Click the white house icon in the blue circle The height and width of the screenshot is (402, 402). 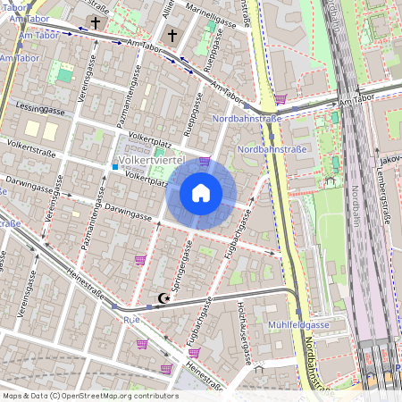tap(200, 193)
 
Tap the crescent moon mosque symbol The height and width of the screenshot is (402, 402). tap(163, 298)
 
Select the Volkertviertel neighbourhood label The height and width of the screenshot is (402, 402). tap(151, 162)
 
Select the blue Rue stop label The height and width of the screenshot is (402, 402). tap(132, 318)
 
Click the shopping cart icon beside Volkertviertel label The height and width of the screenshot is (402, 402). tap(205, 162)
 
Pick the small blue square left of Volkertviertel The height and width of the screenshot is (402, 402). tap(114, 166)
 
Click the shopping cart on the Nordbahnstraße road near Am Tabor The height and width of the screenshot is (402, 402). tap(280, 99)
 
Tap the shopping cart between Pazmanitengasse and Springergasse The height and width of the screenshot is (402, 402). tap(139, 260)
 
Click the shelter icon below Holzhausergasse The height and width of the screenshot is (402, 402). tap(259, 367)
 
